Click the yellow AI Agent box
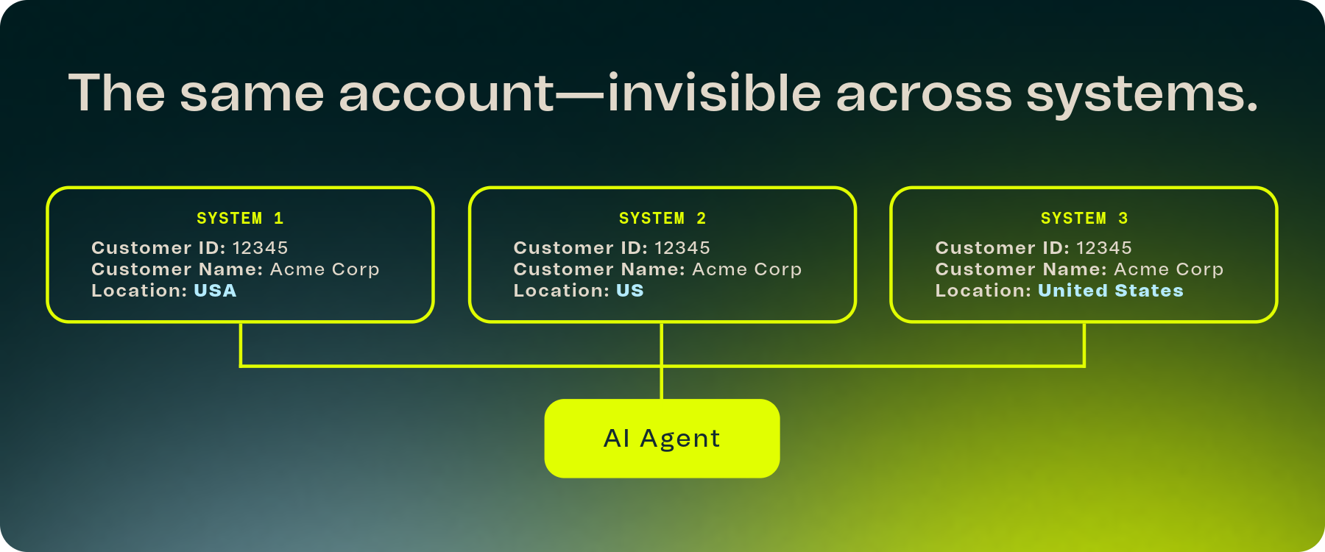pos(662,439)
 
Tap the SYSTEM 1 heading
pos(240,219)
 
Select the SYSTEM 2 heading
pos(662,219)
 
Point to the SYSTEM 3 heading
pos(1084,219)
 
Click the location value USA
pos(215,291)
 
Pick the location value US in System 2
pos(630,291)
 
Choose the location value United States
pos(1111,291)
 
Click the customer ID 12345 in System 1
pos(261,248)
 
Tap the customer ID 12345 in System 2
pos(682,248)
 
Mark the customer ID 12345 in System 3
pos(1104,248)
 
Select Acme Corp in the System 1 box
pos(325,269)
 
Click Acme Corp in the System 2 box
pos(747,269)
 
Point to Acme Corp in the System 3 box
pos(1169,269)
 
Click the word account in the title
pos(447,94)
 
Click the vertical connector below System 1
pos(241,344)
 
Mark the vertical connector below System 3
pos(1084,344)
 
